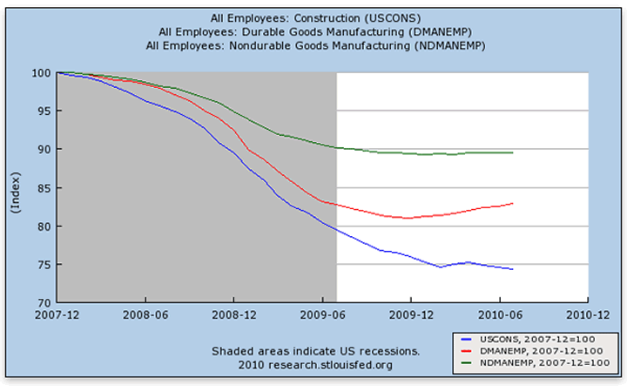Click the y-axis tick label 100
click(x=39, y=72)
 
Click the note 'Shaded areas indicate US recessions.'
click(x=316, y=351)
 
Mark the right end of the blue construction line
click(x=513, y=269)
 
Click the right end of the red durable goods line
click(x=513, y=203)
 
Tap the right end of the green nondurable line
click(x=513, y=152)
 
